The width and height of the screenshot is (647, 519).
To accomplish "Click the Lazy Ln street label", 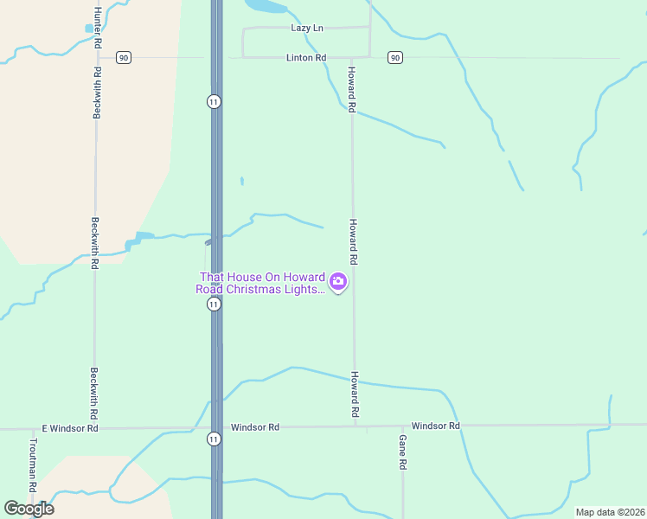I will [x=307, y=29].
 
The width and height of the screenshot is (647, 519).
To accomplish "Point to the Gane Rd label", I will [x=403, y=452].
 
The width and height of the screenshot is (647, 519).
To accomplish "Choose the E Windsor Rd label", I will [x=70, y=428].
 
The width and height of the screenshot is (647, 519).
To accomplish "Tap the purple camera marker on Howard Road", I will [x=338, y=281].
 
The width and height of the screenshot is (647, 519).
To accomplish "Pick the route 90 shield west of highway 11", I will [x=125, y=58].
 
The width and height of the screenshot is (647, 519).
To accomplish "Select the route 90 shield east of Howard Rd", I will [x=395, y=58].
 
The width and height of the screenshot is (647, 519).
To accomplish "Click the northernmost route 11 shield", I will [x=214, y=102].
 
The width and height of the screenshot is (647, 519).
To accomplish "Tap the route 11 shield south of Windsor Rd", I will [x=214, y=439].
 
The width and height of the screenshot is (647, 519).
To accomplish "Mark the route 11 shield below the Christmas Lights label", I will [x=214, y=304].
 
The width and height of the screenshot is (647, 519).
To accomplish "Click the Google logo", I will [x=29, y=509].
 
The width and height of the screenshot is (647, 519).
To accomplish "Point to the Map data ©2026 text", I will [x=610, y=512].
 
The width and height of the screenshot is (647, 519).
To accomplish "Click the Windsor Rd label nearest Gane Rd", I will [x=435, y=426].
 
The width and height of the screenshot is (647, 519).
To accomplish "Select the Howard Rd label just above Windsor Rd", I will [x=355, y=394].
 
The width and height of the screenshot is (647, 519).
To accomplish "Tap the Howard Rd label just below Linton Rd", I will [x=352, y=90].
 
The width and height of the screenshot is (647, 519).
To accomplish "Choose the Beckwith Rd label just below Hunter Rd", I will [x=98, y=93].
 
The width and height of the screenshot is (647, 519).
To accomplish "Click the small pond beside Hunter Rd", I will [x=88, y=29].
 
